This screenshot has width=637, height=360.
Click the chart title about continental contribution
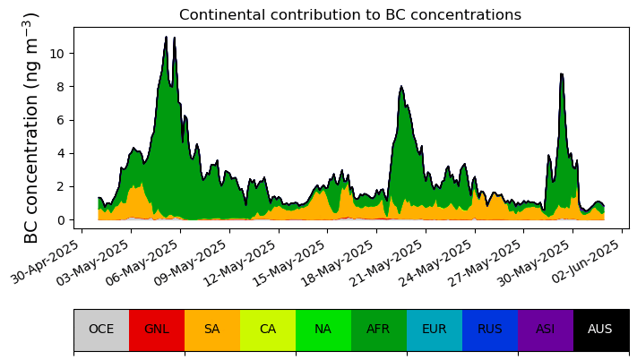tap(349, 15)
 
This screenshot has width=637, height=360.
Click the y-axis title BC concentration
tap(31, 128)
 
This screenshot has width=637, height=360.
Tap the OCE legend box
tap(101, 330)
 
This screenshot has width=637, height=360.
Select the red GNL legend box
tap(157, 330)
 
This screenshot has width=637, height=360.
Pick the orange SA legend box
tap(212, 330)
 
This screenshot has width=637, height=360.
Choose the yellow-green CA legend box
tap(268, 330)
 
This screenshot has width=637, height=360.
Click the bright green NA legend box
tap(323, 330)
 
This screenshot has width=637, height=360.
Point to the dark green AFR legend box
tap(379, 330)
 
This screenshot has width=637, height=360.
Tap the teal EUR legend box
tap(435, 330)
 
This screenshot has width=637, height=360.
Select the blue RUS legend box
tap(490, 330)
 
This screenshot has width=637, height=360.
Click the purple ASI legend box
tap(546, 330)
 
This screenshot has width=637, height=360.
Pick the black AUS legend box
tap(600, 330)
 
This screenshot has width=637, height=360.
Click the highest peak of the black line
tap(166, 37)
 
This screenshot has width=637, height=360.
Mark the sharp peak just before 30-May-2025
tap(561, 74)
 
